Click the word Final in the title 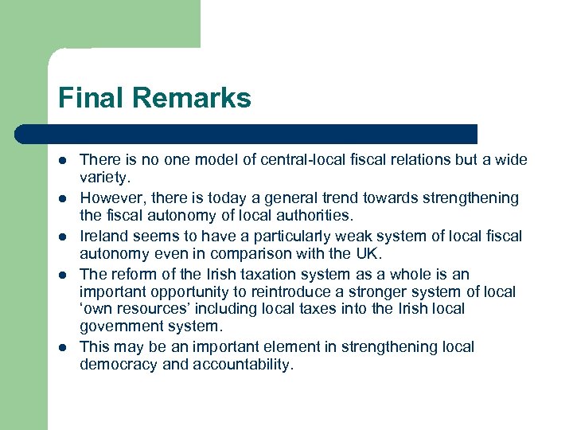point(88,99)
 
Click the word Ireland point(104,236)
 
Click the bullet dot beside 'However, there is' point(64,197)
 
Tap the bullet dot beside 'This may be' point(64,347)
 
